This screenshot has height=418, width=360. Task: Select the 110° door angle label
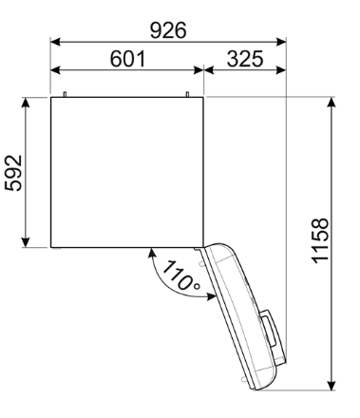tap(179, 275)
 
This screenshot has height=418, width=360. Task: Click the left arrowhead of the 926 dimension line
tap(55, 42)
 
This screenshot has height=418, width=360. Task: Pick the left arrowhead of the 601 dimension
tap(55, 70)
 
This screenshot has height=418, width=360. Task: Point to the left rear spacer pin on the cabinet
tap(64, 94)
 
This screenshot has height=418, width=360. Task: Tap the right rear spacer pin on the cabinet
tap(188, 94)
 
